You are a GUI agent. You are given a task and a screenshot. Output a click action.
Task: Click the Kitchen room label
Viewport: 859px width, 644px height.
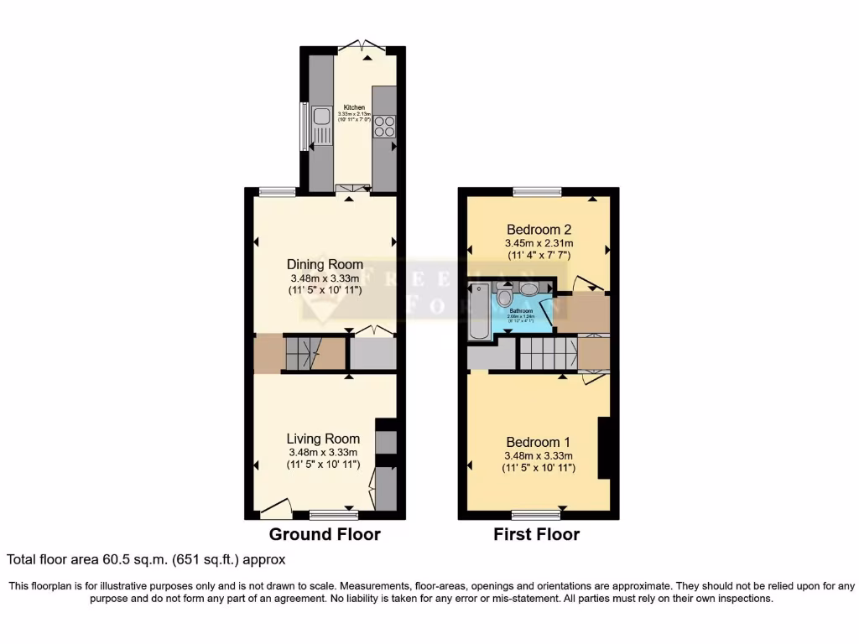(353, 108)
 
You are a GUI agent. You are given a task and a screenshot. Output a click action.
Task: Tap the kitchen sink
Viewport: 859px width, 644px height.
(319, 126)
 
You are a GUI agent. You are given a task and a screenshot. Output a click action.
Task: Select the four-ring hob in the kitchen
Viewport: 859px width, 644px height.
(384, 126)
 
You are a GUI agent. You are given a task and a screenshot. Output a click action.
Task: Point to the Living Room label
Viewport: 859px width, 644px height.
(323, 439)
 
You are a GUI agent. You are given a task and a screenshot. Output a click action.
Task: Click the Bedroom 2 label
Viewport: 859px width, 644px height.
(539, 230)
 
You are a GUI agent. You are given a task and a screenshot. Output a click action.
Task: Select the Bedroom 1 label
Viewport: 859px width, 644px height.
(539, 443)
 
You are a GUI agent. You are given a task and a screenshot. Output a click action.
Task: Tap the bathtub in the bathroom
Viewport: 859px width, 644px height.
(479, 312)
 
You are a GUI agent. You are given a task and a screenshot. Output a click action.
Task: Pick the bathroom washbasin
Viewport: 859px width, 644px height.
(530, 289)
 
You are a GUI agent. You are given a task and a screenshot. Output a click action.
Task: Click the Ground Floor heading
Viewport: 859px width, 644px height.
(325, 535)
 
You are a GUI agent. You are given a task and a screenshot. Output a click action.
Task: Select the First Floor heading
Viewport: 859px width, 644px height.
(537, 535)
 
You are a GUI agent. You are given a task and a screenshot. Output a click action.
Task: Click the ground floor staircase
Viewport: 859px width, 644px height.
(304, 352)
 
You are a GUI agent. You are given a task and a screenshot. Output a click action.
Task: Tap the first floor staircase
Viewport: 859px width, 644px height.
(547, 353)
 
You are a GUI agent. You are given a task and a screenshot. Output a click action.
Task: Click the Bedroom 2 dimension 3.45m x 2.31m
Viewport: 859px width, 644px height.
(539, 244)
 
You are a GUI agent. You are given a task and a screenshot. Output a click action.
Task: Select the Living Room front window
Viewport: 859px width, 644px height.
(333, 514)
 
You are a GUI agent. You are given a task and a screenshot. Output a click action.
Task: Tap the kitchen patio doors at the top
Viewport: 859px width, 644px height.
(366, 47)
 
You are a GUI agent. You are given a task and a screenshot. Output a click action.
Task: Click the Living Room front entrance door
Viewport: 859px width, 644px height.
(275, 508)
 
